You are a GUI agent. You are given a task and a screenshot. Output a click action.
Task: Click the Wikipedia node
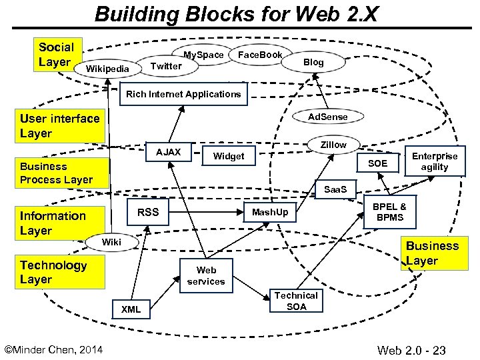[x=103, y=69]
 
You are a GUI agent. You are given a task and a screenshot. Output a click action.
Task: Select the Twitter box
[x=166, y=65]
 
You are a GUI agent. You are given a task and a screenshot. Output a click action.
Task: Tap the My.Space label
[x=203, y=55]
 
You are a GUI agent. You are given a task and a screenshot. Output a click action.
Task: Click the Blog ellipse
[x=313, y=62]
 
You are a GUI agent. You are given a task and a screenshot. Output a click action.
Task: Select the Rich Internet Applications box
[x=183, y=94]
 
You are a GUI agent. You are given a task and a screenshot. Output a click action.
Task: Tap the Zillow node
[x=333, y=145]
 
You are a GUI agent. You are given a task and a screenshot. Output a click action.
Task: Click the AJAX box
[x=168, y=153]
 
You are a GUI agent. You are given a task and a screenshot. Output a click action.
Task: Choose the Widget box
[x=228, y=157]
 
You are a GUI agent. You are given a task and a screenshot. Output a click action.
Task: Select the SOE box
[x=377, y=163]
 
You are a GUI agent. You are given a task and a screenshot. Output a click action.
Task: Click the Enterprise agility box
[x=435, y=161]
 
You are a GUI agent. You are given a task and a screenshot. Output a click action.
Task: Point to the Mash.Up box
[x=270, y=212]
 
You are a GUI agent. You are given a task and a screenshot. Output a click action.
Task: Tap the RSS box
[x=148, y=213]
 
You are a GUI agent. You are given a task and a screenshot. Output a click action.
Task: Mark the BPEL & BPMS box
[x=389, y=212]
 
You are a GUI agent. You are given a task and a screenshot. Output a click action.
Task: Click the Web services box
[x=206, y=276]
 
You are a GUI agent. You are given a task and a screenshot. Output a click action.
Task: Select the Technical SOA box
[x=296, y=301]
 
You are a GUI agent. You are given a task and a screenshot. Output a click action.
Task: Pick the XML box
[x=131, y=309]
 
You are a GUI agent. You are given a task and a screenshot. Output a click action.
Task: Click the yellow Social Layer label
[x=57, y=55]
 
